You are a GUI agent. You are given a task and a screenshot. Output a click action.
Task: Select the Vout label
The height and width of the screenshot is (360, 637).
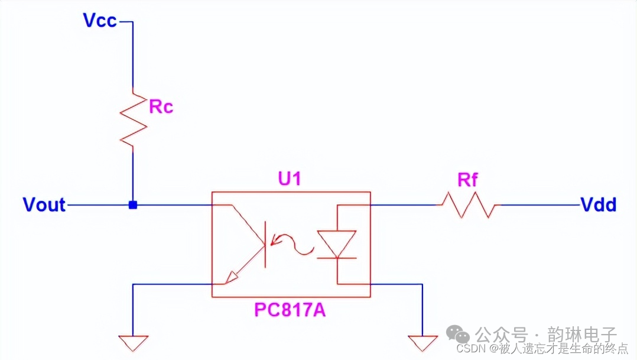point(44,205)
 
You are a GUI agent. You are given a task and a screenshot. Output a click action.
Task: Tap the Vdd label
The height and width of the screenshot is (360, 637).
point(599,205)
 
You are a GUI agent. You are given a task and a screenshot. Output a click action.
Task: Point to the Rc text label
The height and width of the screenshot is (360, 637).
point(161,106)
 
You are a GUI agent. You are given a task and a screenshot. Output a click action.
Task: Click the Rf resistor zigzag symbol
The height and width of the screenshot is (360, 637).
point(469,205)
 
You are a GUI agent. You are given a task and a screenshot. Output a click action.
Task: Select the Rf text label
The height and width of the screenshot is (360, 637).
point(467,180)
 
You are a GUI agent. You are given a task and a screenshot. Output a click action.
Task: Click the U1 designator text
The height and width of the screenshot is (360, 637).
point(290,179)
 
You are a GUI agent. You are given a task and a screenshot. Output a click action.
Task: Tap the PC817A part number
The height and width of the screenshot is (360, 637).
point(290,310)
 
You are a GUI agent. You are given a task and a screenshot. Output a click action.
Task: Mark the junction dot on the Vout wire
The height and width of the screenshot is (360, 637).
point(133,205)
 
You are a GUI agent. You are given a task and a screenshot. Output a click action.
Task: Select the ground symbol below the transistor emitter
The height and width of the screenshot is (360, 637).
point(133,342)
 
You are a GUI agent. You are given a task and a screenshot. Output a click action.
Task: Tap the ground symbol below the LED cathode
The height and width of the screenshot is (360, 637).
point(422,342)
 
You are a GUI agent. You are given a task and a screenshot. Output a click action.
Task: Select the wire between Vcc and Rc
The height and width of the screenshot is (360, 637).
point(133,56)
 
